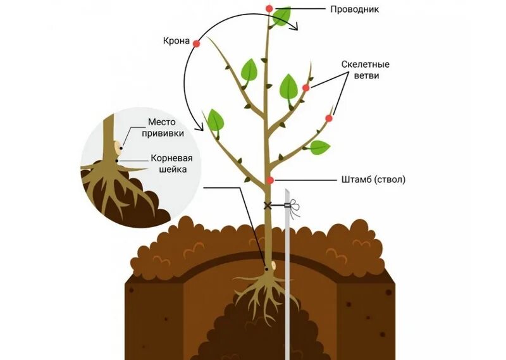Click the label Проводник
tap(355, 9)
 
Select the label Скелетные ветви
tap(365, 70)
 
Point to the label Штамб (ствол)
tap(373, 180)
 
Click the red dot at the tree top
tap(269, 9)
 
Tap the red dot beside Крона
tap(196, 44)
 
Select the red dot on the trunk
tap(271, 180)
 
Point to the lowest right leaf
tap(319, 148)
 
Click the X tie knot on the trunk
tap(268, 205)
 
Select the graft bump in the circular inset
tap(118, 148)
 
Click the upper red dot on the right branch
tap(305, 88)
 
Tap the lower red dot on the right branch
tap(329, 118)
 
